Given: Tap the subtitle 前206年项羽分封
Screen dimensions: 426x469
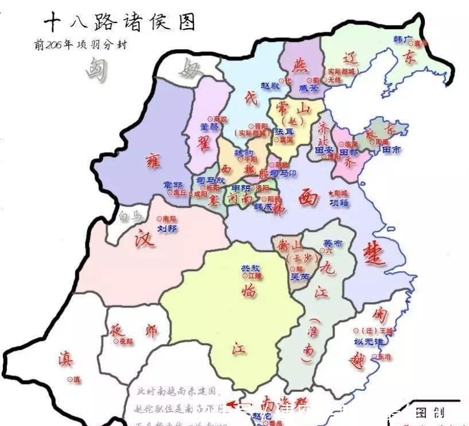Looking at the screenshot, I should (x=80, y=45).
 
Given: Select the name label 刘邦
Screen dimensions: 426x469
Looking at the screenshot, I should (x=168, y=229).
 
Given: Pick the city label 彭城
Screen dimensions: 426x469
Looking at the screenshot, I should (x=340, y=192).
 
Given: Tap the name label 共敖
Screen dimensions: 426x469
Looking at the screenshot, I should (x=250, y=268).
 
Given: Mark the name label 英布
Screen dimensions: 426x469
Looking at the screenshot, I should (x=332, y=242).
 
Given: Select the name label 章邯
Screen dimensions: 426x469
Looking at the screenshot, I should (x=173, y=184).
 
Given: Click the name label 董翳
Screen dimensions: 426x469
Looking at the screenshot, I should (x=209, y=126).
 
